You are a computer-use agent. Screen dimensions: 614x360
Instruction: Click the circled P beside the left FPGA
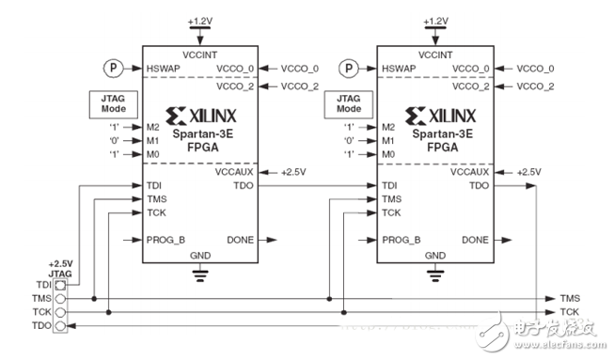pos(113,68)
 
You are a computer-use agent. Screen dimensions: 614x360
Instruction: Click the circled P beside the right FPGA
pos(349,68)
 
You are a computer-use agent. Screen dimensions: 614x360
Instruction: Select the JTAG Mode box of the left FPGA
pos(114,104)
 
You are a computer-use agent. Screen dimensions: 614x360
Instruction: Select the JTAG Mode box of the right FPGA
pos(349,104)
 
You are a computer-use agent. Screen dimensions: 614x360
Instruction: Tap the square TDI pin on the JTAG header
pos(60,285)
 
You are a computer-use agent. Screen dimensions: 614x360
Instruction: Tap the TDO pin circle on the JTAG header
pos(60,325)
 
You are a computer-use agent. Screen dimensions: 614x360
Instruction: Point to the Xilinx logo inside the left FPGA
pos(201,116)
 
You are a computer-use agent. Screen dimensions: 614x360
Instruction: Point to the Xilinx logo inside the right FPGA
pos(441,116)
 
